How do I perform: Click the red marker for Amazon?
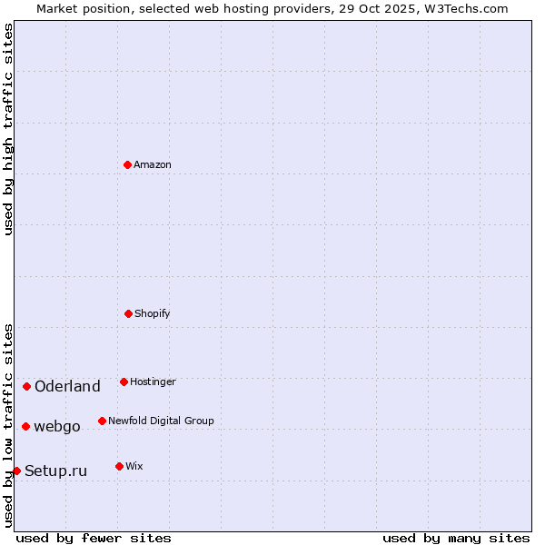pos(127,164)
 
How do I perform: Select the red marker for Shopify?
pos(128,313)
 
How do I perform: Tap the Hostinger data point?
pos(124,381)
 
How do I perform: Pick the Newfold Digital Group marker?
pos(102,421)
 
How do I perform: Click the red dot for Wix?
pos(119,466)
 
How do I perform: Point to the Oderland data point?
pos(26,386)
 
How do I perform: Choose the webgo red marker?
pos(25,426)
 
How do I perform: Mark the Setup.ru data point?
pos(16,471)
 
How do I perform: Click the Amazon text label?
pos(153,164)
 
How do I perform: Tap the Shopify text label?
pos(153,313)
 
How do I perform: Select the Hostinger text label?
pos(153,381)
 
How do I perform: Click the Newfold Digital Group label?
pos(161,421)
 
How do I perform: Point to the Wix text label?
pos(134,466)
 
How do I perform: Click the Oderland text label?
pos(67,387)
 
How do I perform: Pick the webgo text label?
pos(57,427)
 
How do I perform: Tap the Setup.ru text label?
pos(55,471)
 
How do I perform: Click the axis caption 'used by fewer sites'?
pos(94,538)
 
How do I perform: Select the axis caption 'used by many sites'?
pos(456,538)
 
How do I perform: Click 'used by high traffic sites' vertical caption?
pos(8,129)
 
